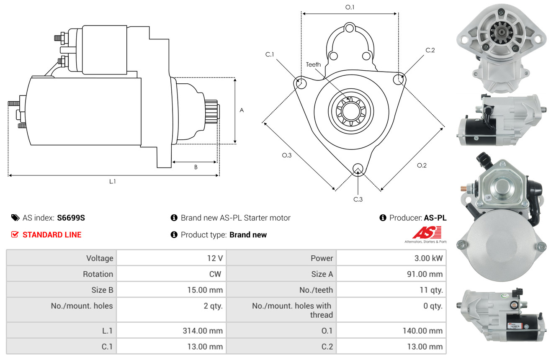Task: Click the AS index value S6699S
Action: click(71, 218)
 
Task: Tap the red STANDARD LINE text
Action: click(52, 235)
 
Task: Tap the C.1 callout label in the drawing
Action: click(269, 54)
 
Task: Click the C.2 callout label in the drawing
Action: click(430, 50)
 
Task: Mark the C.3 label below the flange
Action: click(358, 199)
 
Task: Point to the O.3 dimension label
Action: click(286, 155)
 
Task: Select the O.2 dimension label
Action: click(422, 165)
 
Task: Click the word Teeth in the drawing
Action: click(313, 64)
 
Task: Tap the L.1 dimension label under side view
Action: click(112, 181)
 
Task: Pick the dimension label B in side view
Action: click(196, 167)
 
